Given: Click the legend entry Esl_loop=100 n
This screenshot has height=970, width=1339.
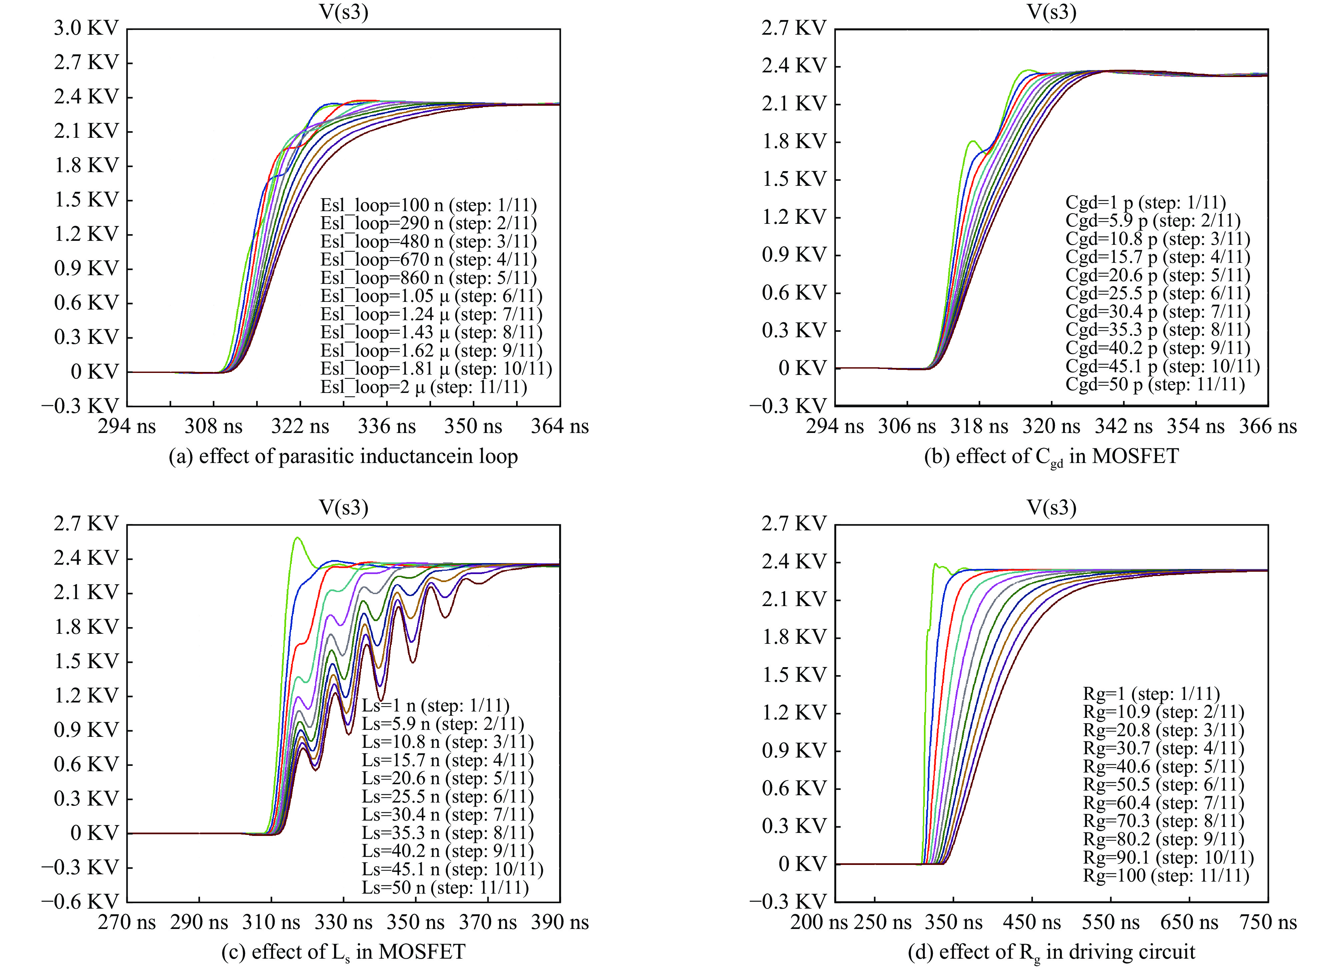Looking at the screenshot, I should click(428, 205).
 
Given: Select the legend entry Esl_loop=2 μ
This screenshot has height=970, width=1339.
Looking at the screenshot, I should click(423, 388).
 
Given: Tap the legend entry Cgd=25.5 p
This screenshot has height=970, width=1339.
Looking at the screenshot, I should click(1157, 294).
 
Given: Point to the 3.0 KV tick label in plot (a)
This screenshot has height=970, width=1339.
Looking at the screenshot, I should click(86, 28).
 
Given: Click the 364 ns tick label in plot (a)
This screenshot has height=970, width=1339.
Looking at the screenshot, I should click(559, 427).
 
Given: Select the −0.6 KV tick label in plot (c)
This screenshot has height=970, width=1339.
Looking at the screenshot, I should click(80, 902).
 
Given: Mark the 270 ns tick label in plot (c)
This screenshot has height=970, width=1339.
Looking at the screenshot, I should click(127, 922).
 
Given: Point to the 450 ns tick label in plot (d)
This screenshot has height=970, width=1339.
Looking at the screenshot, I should click(1031, 922).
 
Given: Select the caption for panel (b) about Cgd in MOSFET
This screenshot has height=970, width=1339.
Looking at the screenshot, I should click(1051, 457).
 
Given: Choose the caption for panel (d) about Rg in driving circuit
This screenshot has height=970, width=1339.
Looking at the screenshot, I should click(1051, 952).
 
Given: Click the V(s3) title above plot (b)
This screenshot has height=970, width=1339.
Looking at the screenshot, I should click(1052, 12).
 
